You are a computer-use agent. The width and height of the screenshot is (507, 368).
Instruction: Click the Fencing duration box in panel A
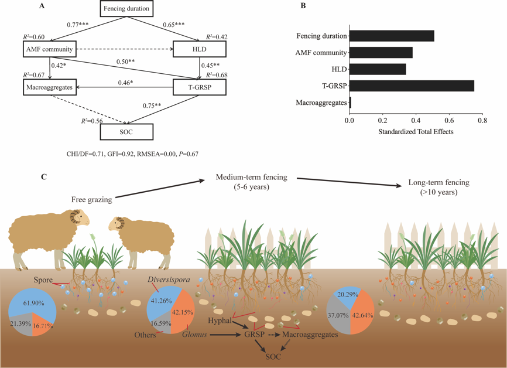coord(126,8)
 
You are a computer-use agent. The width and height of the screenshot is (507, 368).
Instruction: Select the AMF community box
coord(49,49)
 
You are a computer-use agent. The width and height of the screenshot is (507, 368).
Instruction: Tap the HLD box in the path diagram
coord(199,49)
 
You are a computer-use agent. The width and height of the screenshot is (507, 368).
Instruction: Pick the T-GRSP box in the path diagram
coord(199,87)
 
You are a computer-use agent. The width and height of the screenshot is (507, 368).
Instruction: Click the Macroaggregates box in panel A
coord(49,87)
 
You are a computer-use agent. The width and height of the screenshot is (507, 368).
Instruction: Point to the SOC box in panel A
coord(126,132)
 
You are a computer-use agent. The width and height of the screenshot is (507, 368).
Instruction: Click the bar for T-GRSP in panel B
coord(412,86)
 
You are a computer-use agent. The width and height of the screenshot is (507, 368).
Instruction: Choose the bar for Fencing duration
coord(392,36)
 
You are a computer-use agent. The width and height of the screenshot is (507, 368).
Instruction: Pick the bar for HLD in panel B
coord(378,69)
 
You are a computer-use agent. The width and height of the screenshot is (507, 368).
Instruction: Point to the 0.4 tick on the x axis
coord(416,120)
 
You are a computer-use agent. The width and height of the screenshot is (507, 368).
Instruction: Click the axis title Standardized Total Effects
coord(416,131)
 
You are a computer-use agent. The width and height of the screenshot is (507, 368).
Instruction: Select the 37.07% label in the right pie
coord(339,315)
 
